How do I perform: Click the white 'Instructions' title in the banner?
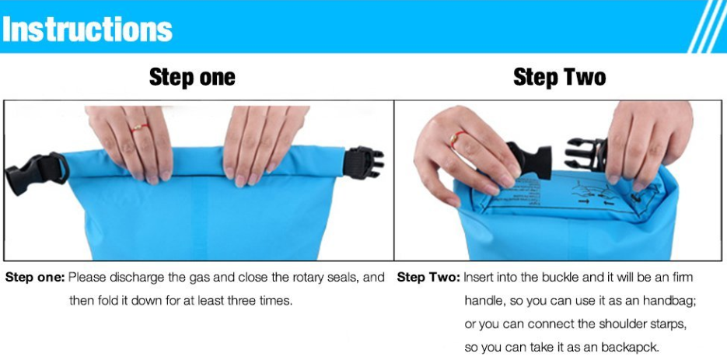coord(87,29)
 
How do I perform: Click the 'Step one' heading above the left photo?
coord(192,78)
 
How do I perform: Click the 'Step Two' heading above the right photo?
coord(559,78)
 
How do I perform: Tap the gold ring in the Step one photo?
coord(138,126)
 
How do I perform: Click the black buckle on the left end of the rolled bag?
coord(34,173)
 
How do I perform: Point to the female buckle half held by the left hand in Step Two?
coord(530,160)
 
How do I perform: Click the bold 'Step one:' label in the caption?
coord(36,278)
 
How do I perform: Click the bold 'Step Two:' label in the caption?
coord(428,278)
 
